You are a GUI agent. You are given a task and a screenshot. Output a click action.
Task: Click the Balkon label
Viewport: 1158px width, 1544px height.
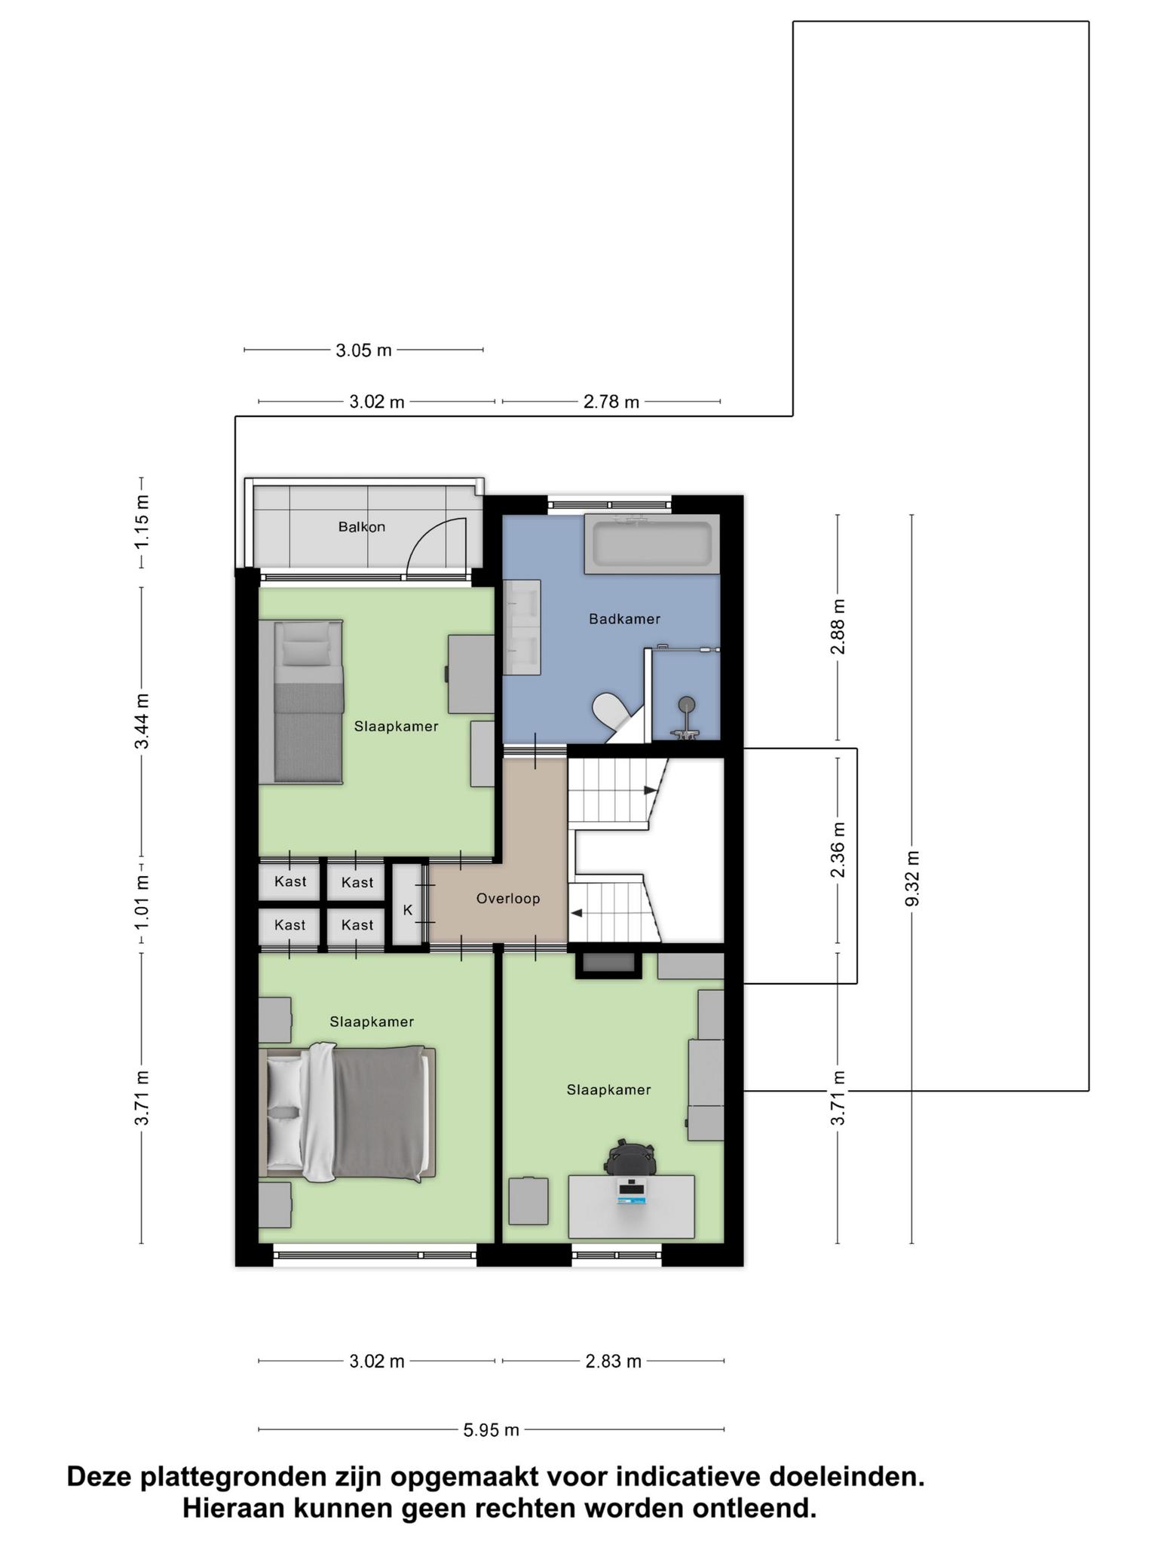click(x=361, y=527)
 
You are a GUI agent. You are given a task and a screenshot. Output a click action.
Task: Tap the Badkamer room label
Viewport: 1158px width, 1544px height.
click(x=624, y=619)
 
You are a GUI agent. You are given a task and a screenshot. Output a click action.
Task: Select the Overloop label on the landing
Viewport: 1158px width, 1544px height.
click(x=508, y=899)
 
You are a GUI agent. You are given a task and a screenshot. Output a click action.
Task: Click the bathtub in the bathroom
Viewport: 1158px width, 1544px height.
click(x=652, y=544)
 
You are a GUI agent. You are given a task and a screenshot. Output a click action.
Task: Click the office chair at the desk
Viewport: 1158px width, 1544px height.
click(x=630, y=1156)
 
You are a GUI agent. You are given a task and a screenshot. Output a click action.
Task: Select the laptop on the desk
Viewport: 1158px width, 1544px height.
click(x=631, y=1191)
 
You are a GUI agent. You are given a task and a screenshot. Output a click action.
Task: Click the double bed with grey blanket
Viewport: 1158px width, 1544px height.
click(x=347, y=1112)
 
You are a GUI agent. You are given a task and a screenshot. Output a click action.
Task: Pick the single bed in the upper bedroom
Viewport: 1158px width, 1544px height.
click(x=302, y=702)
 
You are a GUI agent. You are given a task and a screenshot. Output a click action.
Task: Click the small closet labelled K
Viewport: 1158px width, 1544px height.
click(x=408, y=910)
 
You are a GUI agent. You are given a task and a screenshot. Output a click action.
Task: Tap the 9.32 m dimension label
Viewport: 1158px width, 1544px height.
click(x=912, y=879)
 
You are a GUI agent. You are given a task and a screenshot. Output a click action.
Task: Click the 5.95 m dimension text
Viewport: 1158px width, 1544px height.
click(x=492, y=1429)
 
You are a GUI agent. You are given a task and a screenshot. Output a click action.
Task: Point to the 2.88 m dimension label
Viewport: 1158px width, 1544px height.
click(x=838, y=628)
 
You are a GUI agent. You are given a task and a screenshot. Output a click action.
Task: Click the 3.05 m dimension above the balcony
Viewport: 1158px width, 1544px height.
click(x=364, y=350)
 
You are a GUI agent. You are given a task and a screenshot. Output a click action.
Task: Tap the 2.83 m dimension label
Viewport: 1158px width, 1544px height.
click(x=614, y=1361)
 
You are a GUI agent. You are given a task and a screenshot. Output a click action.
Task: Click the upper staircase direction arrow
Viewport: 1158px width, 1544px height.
click(x=650, y=790)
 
